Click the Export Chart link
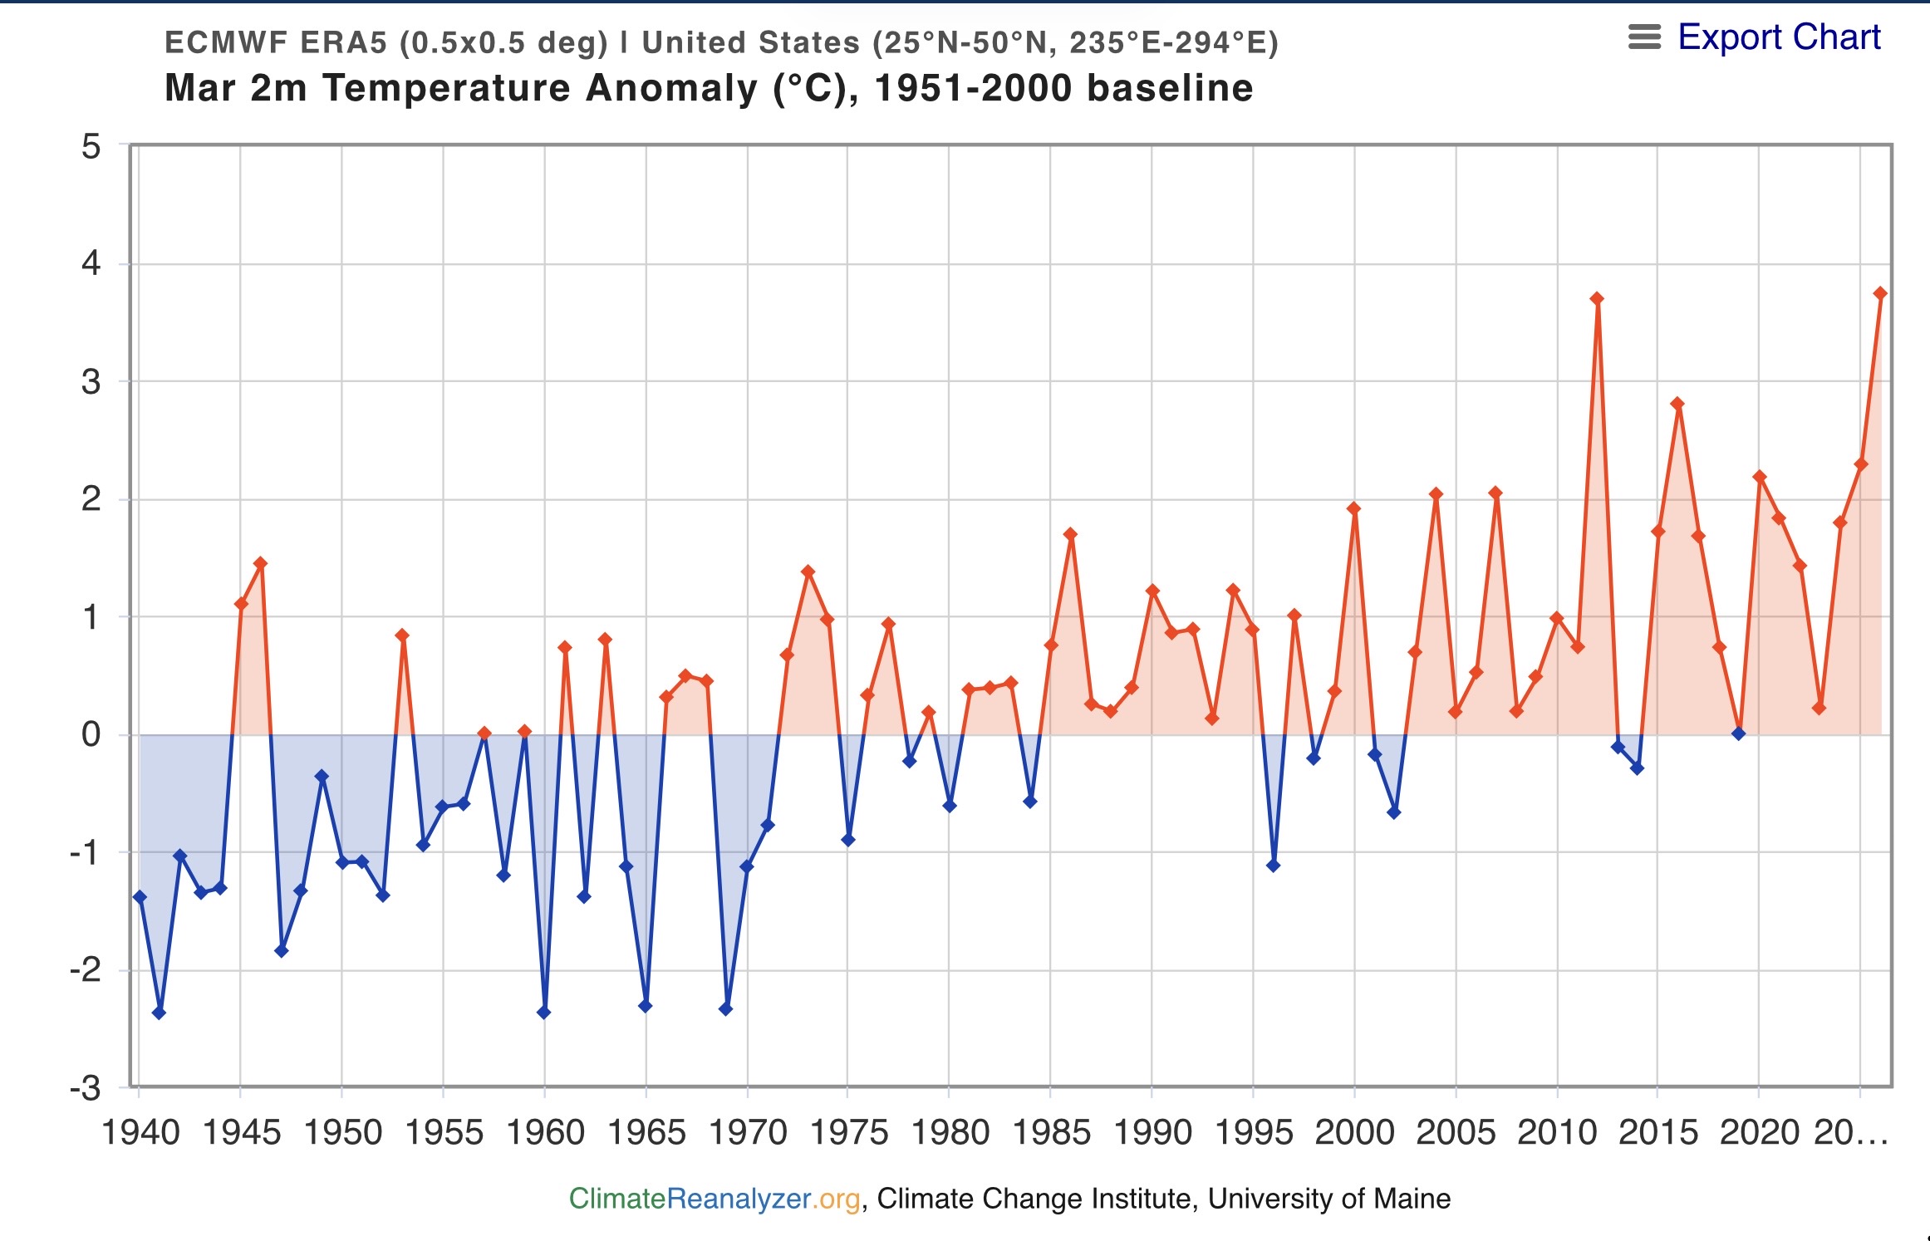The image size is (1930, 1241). [1779, 37]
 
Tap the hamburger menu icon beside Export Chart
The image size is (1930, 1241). [1644, 37]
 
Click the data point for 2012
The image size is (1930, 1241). [1597, 299]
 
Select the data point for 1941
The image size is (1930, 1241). [160, 1013]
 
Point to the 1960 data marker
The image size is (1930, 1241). [544, 1013]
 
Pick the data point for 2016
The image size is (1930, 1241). [1677, 404]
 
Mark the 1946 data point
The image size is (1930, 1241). [261, 563]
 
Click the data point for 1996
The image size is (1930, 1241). [1273, 866]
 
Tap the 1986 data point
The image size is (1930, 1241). [1070, 534]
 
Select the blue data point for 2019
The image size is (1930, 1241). [1738, 733]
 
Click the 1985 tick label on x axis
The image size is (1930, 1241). [1051, 1133]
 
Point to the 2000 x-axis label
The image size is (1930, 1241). [1354, 1133]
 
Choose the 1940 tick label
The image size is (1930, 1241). [140, 1133]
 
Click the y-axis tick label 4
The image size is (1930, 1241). [91, 264]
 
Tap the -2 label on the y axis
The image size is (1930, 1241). [86, 969]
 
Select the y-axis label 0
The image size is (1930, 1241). [91, 734]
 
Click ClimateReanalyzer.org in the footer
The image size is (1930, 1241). [715, 1199]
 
